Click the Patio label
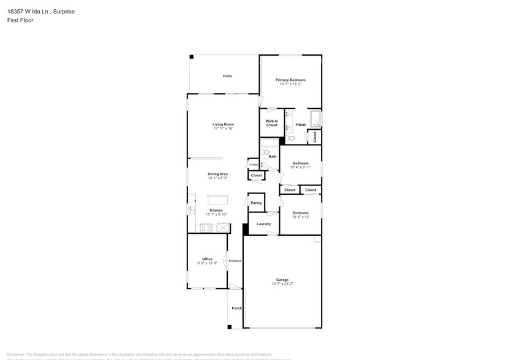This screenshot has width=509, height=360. (227, 76)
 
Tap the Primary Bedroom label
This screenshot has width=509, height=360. (290, 80)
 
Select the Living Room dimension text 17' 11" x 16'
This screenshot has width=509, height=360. (224, 129)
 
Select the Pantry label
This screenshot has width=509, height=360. (256, 203)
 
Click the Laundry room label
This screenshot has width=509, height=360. (264, 223)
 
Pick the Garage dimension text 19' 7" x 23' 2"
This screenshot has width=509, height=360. (282, 284)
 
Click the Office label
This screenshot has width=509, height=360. (207, 259)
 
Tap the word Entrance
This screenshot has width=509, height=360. (235, 261)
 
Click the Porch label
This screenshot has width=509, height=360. (236, 308)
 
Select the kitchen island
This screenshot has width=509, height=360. (216, 199)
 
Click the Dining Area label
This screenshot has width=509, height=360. (217, 174)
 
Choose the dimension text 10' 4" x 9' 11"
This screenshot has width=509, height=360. (301, 167)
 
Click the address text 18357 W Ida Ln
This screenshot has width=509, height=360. (29, 11)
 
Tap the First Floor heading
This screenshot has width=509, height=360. (20, 20)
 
